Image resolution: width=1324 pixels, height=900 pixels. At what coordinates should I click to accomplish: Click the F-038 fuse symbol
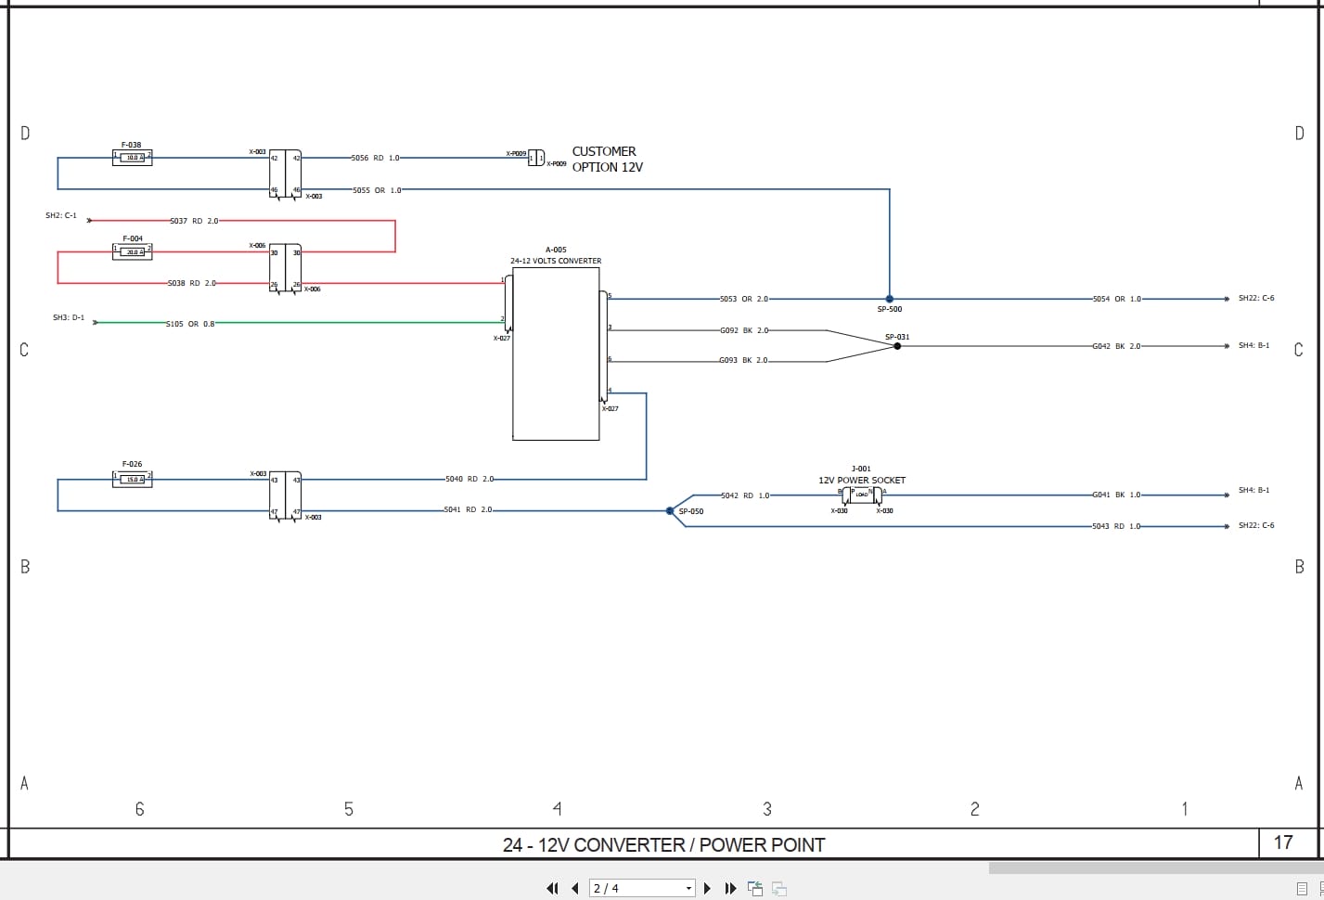click(x=132, y=158)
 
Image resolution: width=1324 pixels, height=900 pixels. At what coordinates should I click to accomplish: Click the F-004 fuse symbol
click(x=132, y=251)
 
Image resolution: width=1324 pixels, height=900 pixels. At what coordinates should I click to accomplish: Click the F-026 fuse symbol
click(x=132, y=479)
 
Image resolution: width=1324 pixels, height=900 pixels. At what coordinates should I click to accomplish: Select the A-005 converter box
click(x=556, y=354)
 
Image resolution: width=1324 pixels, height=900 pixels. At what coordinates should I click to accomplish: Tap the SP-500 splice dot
click(x=889, y=299)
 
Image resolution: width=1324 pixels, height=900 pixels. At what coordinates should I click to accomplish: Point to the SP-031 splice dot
click(x=897, y=346)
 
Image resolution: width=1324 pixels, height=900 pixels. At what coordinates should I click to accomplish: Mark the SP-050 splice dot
click(x=670, y=510)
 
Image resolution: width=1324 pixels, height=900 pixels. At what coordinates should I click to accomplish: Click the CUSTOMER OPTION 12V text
click(x=607, y=159)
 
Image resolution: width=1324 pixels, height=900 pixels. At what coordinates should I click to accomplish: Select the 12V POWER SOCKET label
click(x=861, y=481)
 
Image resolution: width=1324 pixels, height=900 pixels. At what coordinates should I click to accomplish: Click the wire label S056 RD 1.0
click(x=375, y=158)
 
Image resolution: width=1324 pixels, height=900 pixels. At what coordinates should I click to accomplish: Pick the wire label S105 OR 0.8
click(x=190, y=324)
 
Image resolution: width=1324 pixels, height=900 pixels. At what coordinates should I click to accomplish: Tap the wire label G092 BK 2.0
click(x=744, y=330)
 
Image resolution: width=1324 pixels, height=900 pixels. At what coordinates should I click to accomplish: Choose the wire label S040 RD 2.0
click(x=469, y=479)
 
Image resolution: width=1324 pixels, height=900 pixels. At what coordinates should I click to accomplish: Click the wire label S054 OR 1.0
click(x=1116, y=299)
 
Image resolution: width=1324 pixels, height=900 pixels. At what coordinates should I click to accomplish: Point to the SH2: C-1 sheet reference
click(x=61, y=215)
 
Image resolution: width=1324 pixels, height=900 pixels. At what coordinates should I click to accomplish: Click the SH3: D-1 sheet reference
click(x=69, y=317)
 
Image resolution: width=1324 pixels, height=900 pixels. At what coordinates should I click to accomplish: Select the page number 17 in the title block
click(x=1283, y=842)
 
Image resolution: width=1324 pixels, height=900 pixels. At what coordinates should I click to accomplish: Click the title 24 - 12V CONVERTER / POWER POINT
click(x=663, y=844)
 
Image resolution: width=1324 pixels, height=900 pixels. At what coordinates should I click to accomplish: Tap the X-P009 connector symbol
click(x=536, y=158)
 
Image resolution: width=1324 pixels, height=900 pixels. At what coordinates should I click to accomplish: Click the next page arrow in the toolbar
click(x=707, y=888)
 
